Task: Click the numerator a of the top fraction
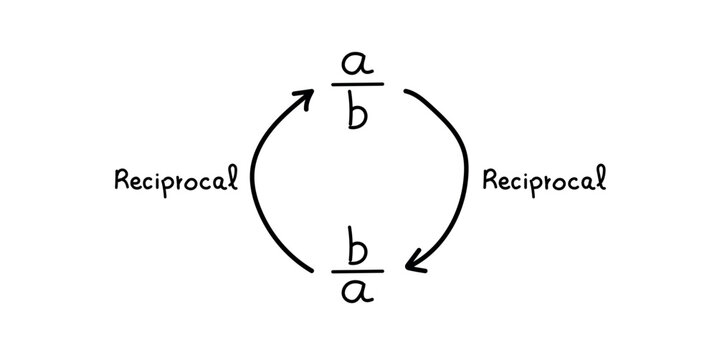[x=358, y=66]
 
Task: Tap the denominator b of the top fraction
[x=358, y=113]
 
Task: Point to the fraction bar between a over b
[x=358, y=87]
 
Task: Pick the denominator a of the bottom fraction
[x=358, y=292]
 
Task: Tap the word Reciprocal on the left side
[x=177, y=181]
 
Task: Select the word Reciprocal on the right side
[x=544, y=181]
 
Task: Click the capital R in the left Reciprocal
[x=123, y=180]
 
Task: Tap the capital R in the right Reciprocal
[x=490, y=180]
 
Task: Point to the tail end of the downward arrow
[x=405, y=92]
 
